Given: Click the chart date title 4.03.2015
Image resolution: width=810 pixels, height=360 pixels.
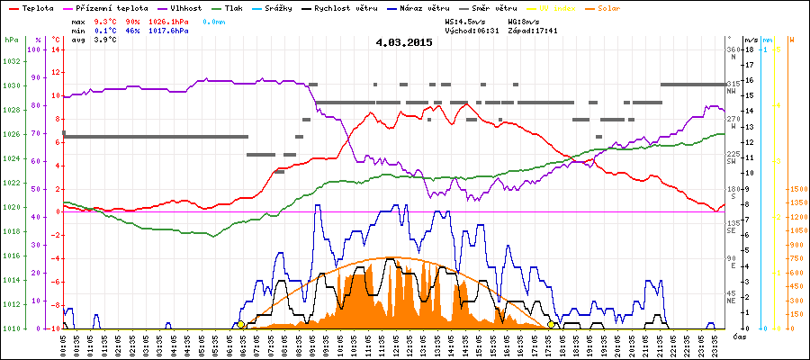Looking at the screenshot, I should (404, 41).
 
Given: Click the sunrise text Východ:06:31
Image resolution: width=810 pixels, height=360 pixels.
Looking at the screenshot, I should (471, 31).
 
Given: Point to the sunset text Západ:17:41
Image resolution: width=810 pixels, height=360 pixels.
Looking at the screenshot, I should (533, 31).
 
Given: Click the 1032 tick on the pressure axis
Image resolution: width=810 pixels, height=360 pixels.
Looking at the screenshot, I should (11, 61).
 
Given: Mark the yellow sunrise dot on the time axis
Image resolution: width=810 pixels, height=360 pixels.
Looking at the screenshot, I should (241, 325).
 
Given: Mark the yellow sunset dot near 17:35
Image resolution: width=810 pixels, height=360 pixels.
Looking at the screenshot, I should (551, 325).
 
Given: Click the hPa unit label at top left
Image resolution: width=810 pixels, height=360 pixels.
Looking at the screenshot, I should (11, 40).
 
